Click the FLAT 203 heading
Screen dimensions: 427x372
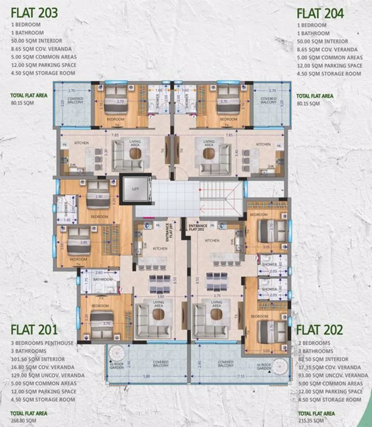tap(34, 13)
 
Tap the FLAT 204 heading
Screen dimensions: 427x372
tap(320, 13)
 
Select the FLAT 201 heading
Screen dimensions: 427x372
tap(34, 330)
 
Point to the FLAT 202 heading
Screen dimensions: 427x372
tap(319, 330)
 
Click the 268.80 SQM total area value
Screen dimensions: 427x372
tap(24, 420)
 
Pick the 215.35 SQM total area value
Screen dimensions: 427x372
tap(310, 420)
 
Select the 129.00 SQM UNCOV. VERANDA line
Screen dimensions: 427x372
tap(47, 375)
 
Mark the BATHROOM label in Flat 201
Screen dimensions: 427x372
tap(102, 280)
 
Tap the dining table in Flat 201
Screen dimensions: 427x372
tap(159, 281)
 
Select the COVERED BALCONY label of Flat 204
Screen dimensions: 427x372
tap(268, 100)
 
